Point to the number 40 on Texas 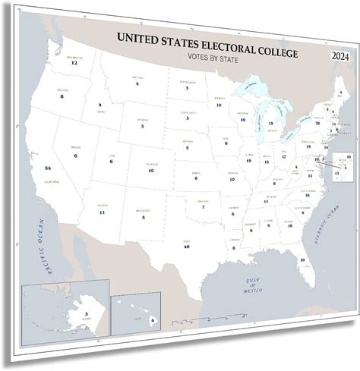(x=186, y=246)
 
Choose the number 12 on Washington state (x=74, y=63)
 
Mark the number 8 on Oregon (x=62, y=96)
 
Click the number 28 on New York (x=317, y=122)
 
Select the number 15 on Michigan (x=271, y=122)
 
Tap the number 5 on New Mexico (x=143, y=216)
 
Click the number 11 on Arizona (x=102, y=212)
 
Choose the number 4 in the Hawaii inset (x=152, y=320)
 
